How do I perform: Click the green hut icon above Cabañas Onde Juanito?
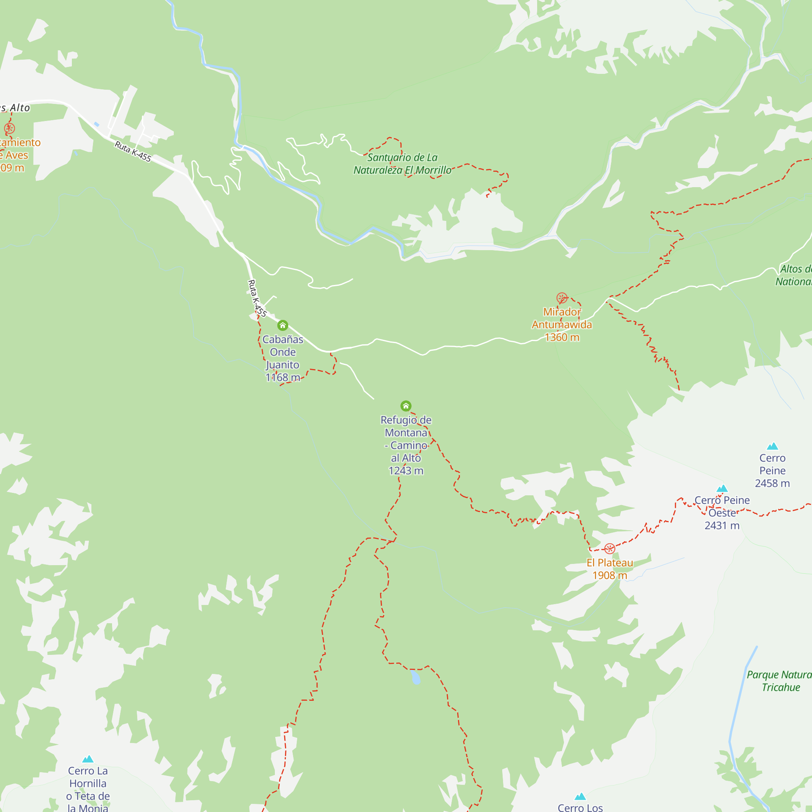coord(283,325)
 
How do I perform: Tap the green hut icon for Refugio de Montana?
coord(406,406)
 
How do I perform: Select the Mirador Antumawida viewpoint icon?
coord(562,298)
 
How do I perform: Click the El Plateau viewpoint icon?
coord(609,549)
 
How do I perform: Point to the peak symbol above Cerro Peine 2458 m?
coord(773,446)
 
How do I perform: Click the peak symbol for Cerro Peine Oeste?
coord(722,488)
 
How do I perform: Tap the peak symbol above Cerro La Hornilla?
coord(88,759)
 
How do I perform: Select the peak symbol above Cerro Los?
coord(580,797)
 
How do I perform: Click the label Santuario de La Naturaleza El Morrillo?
coord(402,164)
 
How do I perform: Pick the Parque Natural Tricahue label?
coord(780,681)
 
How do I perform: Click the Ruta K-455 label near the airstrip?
coord(133,151)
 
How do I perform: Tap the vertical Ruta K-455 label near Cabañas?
coord(257,298)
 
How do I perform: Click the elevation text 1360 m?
coord(562,337)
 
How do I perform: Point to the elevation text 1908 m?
coord(609,575)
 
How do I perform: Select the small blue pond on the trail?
coord(415,677)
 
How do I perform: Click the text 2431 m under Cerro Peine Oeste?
coord(722,526)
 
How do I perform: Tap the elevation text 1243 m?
coord(406,471)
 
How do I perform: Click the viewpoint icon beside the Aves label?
coord(9,129)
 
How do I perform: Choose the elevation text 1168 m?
coord(283,378)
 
